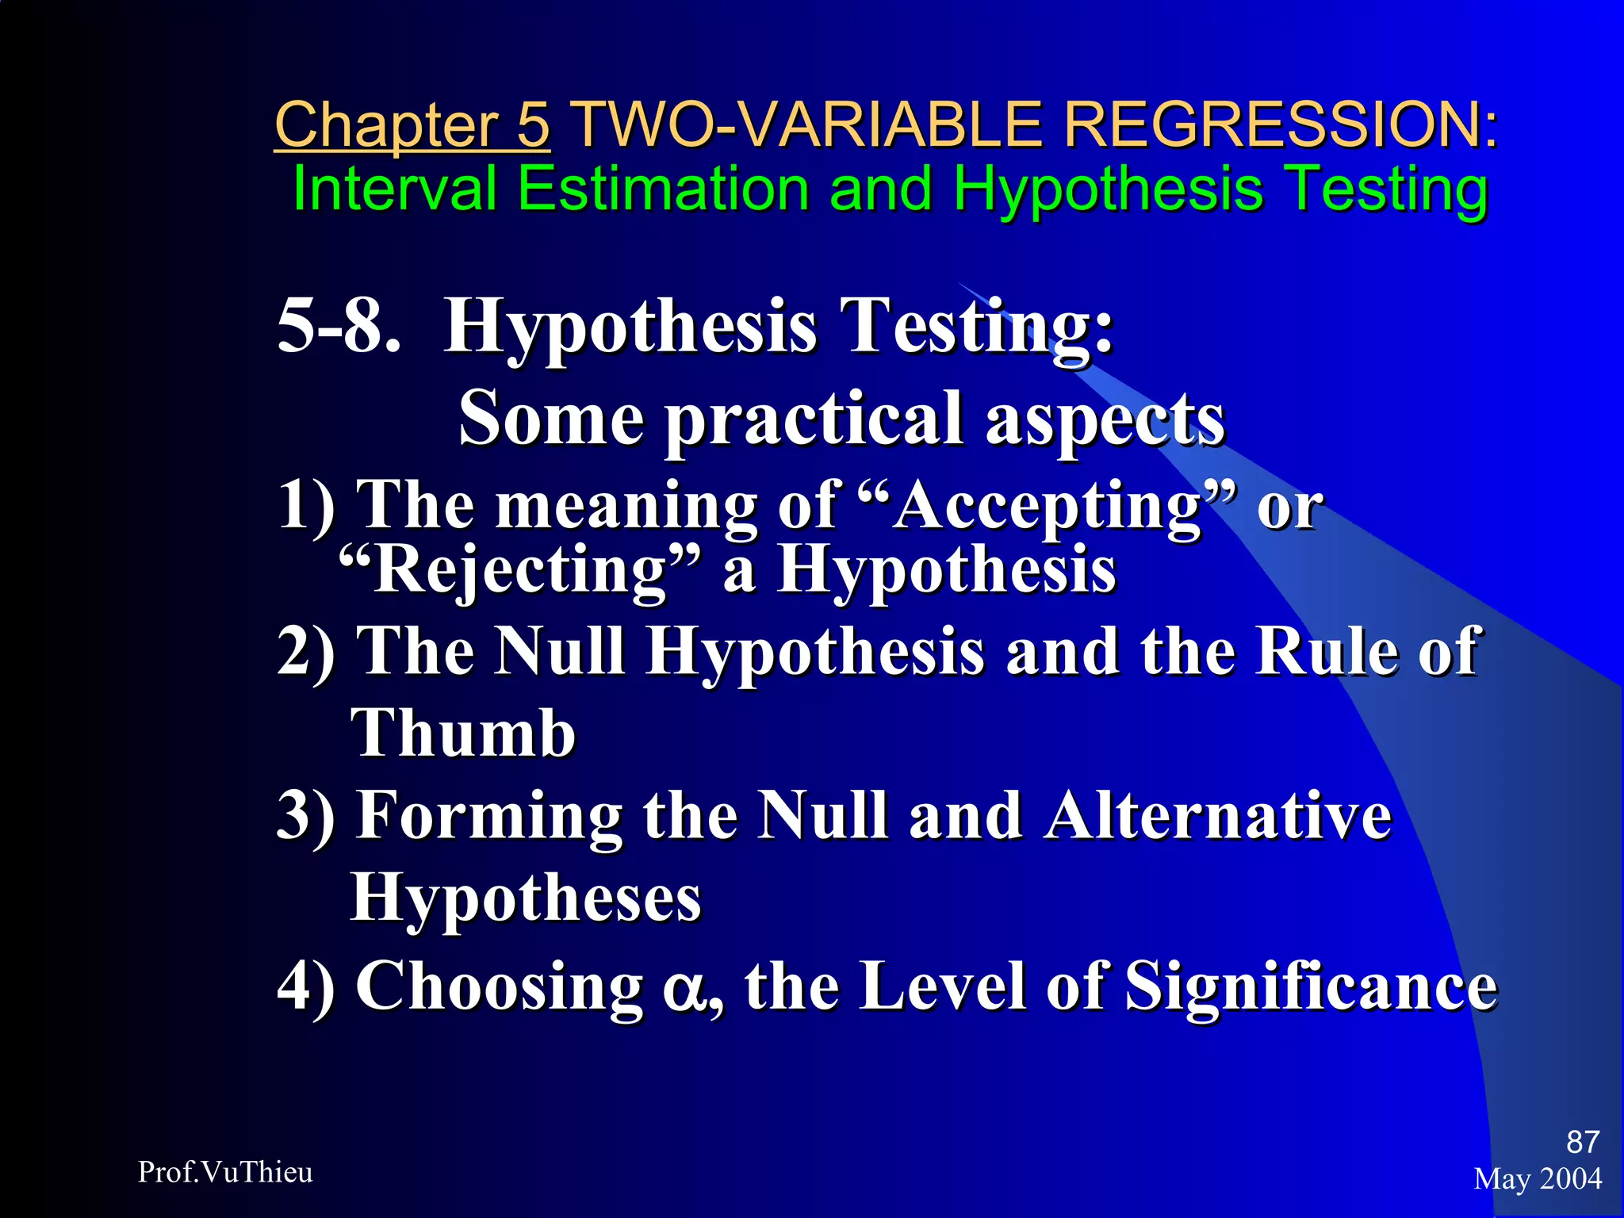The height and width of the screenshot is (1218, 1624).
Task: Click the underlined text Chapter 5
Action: coord(412,125)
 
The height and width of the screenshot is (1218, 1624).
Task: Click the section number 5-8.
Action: coord(339,326)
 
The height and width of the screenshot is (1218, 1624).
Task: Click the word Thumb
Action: coord(463,733)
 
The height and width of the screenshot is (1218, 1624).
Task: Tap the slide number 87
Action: coord(1582,1142)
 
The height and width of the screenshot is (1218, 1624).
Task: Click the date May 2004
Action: coord(1538,1179)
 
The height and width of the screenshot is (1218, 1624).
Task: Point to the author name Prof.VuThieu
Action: coord(225,1172)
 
